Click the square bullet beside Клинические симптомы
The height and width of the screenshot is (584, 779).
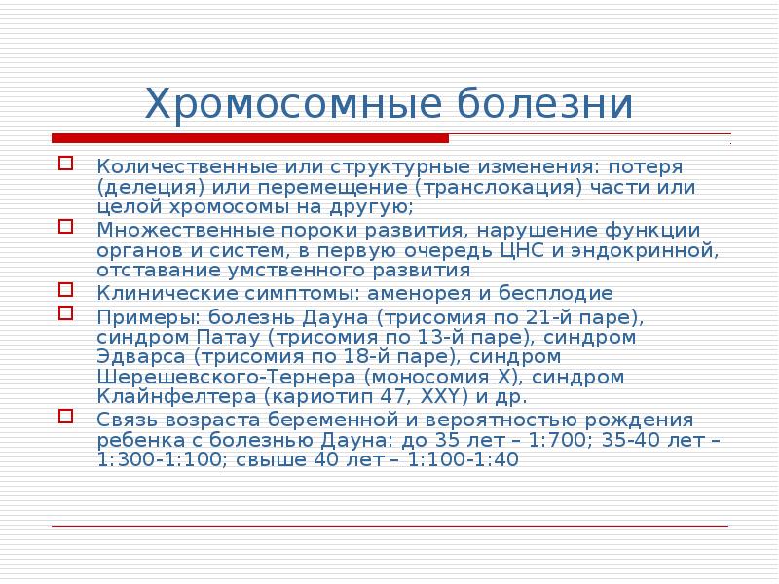(65, 289)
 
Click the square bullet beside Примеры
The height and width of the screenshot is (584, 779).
(65, 312)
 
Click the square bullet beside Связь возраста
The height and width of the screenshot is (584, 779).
(65, 417)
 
